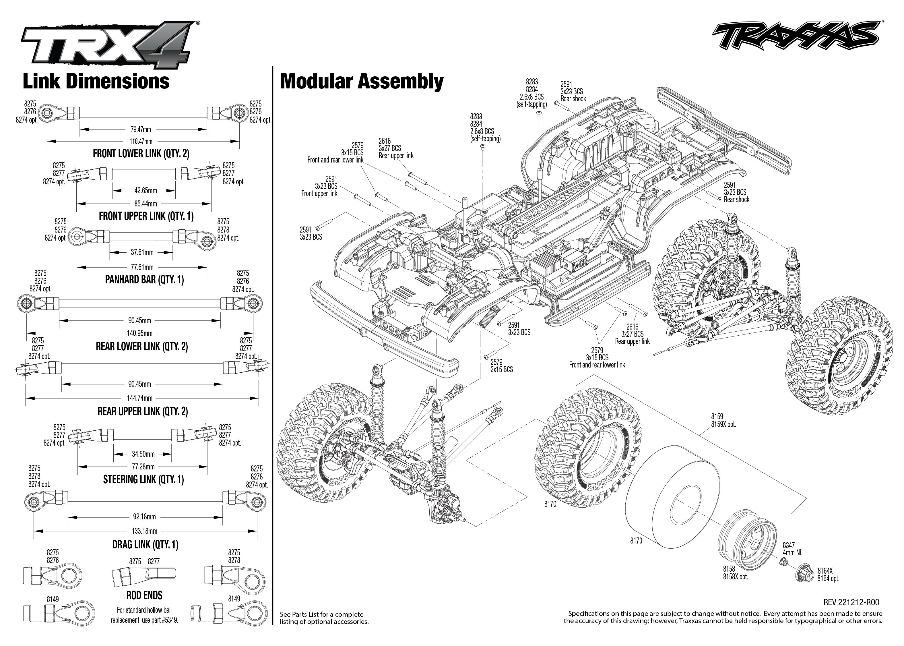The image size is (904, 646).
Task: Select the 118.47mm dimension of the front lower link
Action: coord(141,141)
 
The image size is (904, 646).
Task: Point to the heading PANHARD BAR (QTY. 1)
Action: coord(144,280)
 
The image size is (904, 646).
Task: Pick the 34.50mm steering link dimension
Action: coord(143,454)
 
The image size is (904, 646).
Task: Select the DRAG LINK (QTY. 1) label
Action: coord(145,545)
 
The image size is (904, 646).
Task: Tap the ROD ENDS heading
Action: coord(144,595)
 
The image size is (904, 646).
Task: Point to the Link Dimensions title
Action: coord(96,82)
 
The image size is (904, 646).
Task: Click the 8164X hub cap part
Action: coord(802,575)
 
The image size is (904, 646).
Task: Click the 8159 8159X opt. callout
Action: coord(723,420)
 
